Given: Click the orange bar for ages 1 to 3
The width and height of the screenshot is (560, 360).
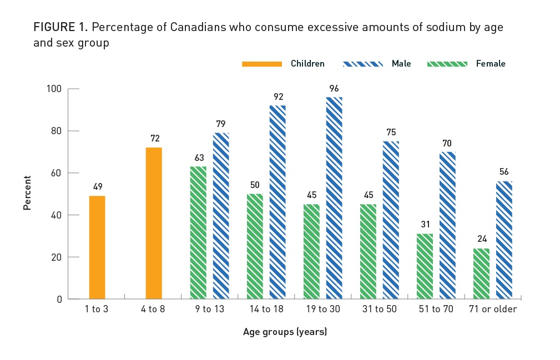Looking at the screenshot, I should point(97,247).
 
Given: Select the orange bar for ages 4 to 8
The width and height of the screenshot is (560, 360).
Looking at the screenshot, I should point(154,223).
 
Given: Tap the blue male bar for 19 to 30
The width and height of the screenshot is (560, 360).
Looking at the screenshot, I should point(334,198).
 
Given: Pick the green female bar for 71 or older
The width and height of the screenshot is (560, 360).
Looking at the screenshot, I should point(481,273).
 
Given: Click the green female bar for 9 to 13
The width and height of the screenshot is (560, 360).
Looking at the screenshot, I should point(198,232).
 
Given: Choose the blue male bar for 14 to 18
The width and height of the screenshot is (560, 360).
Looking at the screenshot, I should point(278,202).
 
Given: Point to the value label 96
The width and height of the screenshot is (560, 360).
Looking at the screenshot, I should point(334,88).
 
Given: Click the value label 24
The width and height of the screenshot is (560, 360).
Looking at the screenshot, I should point(481,239).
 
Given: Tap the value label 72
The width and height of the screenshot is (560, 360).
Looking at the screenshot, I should point(154,138).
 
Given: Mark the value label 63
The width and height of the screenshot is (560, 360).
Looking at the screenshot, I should point(198,158).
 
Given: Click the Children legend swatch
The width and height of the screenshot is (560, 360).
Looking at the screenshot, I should point(261,64).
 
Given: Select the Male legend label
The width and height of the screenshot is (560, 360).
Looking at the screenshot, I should point(401,64).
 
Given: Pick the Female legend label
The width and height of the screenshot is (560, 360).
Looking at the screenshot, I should point(491,64).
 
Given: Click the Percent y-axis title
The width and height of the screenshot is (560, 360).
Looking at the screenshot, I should point(27,192).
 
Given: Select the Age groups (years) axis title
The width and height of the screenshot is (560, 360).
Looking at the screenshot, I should point(285,332).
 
